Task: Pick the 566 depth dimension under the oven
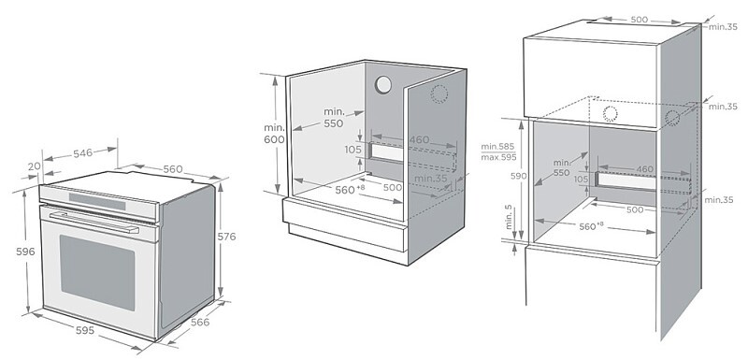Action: click(201, 322)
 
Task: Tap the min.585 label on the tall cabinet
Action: click(499, 147)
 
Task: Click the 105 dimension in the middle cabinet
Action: click(352, 150)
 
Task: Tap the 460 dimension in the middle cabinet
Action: click(419, 139)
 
